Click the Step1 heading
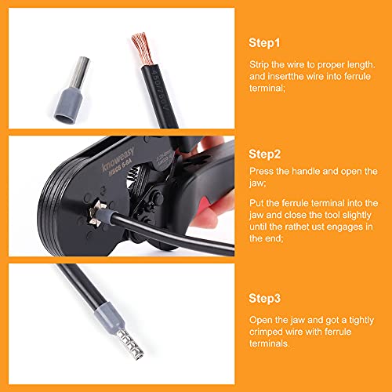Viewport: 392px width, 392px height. (x=266, y=42)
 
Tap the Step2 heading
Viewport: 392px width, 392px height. (x=267, y=154)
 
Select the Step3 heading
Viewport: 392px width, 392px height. (x=267, y=299)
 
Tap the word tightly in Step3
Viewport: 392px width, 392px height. (x=363, y=318)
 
